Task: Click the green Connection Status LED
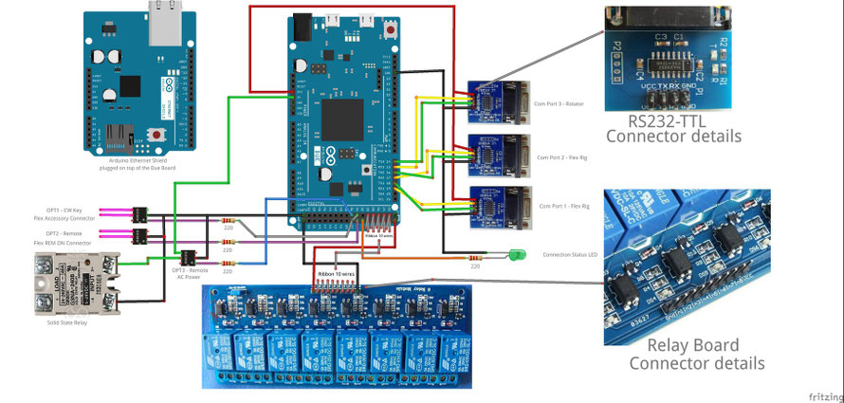(516, 254)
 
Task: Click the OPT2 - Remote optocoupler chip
(139, 235)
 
